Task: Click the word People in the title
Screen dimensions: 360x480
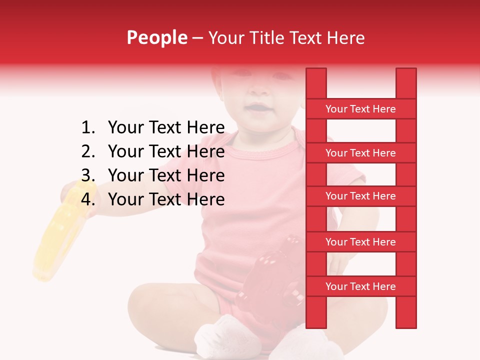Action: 156,38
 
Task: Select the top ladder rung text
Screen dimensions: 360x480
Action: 360,109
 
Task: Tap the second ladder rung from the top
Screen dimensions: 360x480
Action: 360,153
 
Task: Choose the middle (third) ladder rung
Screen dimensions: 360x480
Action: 360,196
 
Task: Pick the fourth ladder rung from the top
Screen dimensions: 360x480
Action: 360,242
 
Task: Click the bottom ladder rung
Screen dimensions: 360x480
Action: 360,286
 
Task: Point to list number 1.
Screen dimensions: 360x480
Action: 87,127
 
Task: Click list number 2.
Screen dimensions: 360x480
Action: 87,151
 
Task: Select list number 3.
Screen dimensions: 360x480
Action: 87,175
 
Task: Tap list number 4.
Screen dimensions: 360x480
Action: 87,199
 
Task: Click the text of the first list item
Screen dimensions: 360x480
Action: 166,127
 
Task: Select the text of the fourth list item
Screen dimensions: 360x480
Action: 166,199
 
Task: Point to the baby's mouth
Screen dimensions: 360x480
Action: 258,108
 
